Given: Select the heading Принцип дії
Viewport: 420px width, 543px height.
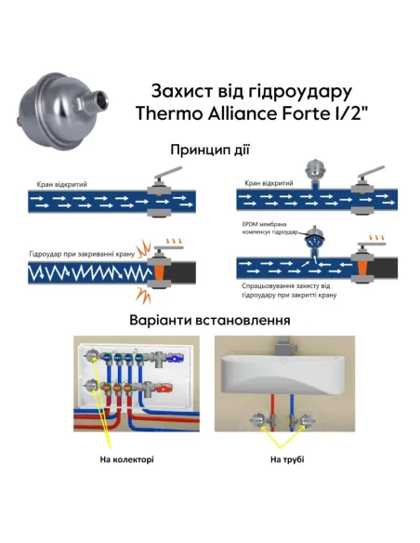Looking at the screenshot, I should click(210, 150).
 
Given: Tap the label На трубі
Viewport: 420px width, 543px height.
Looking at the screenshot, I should click(287, 458).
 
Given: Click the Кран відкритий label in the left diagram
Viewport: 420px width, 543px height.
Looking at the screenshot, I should click(62, 185).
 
